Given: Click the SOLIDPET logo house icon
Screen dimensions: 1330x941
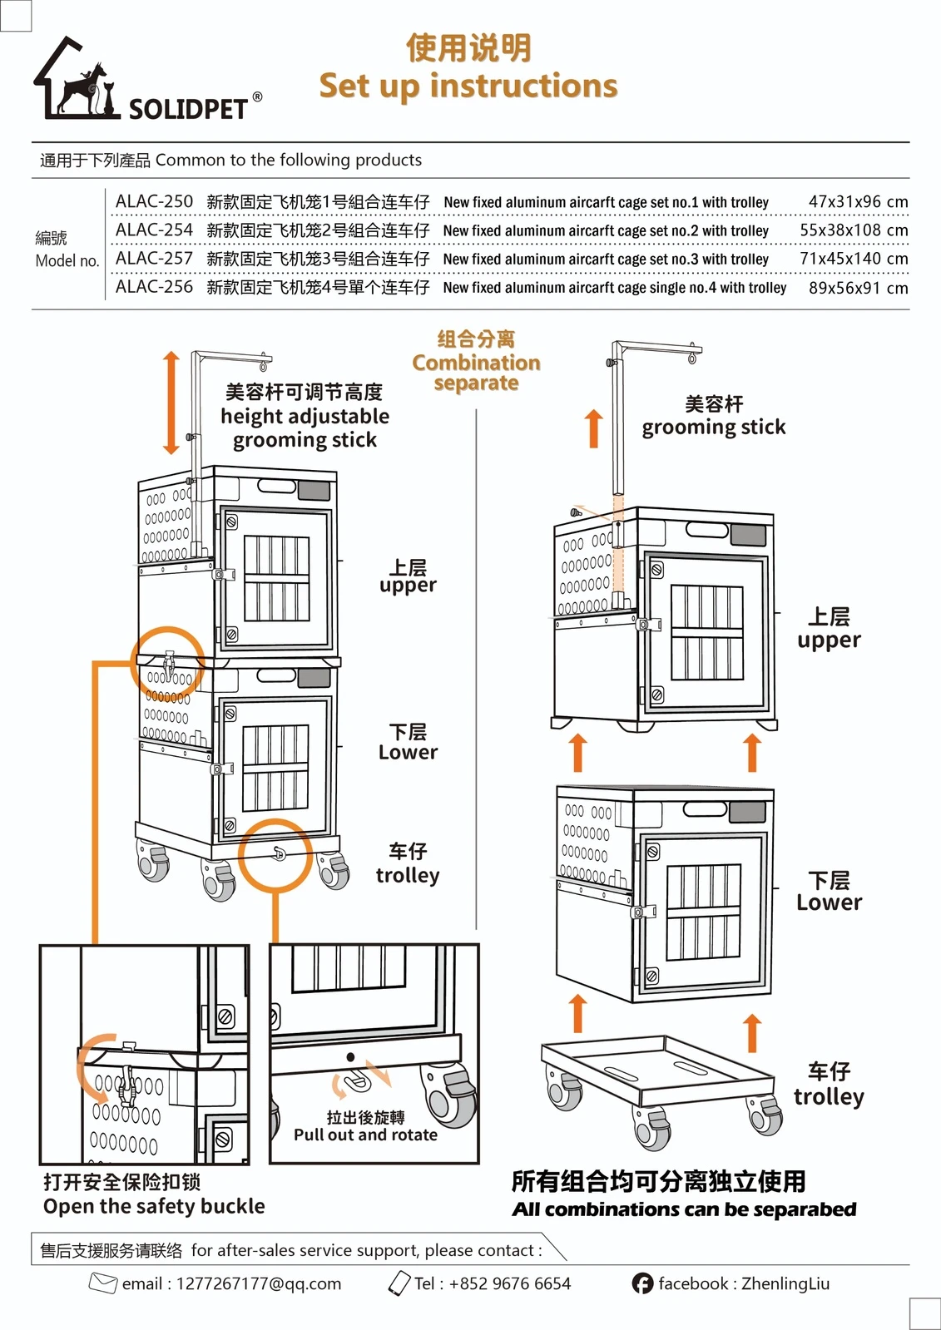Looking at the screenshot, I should click(x=75, y=78).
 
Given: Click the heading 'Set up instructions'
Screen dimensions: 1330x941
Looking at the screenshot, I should click(x=468, y=86).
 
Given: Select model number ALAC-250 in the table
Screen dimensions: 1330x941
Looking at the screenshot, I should click(x=154, y=201).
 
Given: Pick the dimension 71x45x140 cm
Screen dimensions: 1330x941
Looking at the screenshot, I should click(x=854, y=259).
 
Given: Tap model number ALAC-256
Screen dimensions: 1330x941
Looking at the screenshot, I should click(x=154, y=287).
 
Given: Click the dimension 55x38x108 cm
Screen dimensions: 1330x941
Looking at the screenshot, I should click(x=854, y=230).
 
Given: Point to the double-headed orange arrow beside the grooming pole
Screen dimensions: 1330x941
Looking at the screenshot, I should click(x=171, y=403).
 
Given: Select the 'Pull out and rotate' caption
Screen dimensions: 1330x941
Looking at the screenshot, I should click(x=365, y=1135).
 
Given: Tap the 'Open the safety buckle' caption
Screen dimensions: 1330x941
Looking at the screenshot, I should click(x=154, y=1206).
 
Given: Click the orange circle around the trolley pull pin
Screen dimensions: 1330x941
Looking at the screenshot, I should click(x=275, y=855).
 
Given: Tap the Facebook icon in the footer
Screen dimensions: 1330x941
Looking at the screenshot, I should click(x=642, y=1283).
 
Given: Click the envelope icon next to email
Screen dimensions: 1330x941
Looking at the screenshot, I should click(x=102, y=1283).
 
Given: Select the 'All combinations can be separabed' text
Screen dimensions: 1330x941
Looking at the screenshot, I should click(x=684, y=1209).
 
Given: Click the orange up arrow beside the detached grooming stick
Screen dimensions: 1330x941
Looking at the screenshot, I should click(x=593, y=428).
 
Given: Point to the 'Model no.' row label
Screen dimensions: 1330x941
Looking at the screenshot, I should click(x=67, y=261).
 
